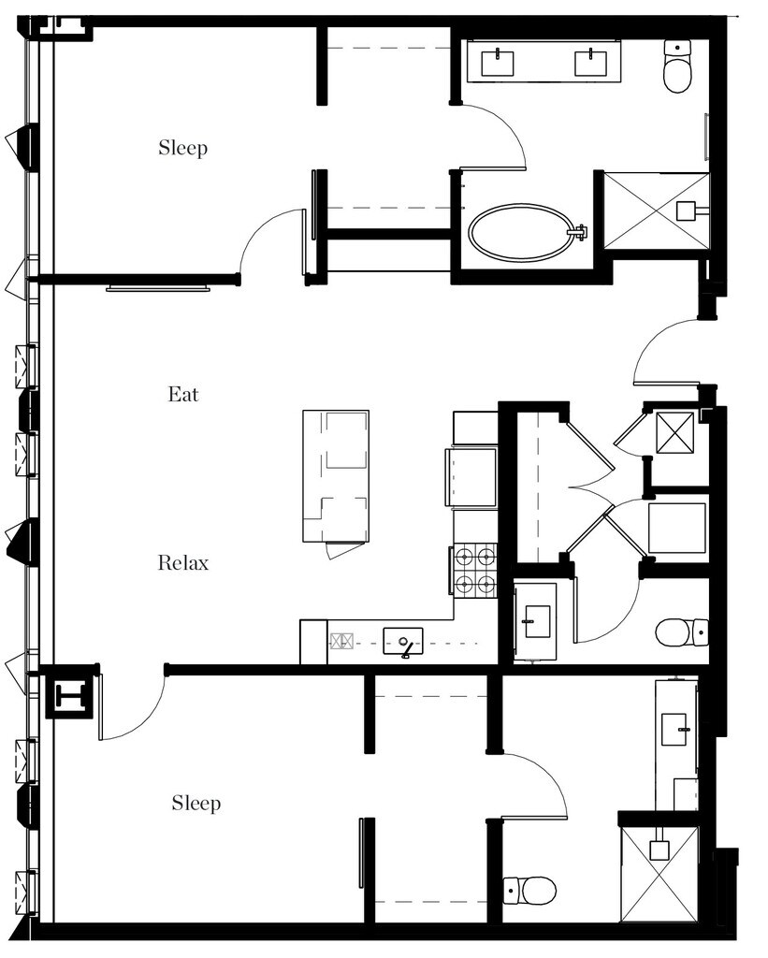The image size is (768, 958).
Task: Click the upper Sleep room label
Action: pos(182,148)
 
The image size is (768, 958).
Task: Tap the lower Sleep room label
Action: pos(196,803)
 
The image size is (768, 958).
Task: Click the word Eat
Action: pos(183,394)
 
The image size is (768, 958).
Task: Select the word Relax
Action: pos(183,562)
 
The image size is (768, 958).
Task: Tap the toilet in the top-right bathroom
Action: pos(677,65)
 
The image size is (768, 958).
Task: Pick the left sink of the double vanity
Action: pos(498,63)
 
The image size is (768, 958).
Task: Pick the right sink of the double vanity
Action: pos(591,63)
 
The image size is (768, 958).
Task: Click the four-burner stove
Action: pos(474,570)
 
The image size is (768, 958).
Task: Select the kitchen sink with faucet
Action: pos(403,642)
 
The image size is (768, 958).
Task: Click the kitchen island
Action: pos(336,476)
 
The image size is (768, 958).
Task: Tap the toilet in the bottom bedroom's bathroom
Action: pos(529,891)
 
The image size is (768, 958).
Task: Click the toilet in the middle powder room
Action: pos(682,632)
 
